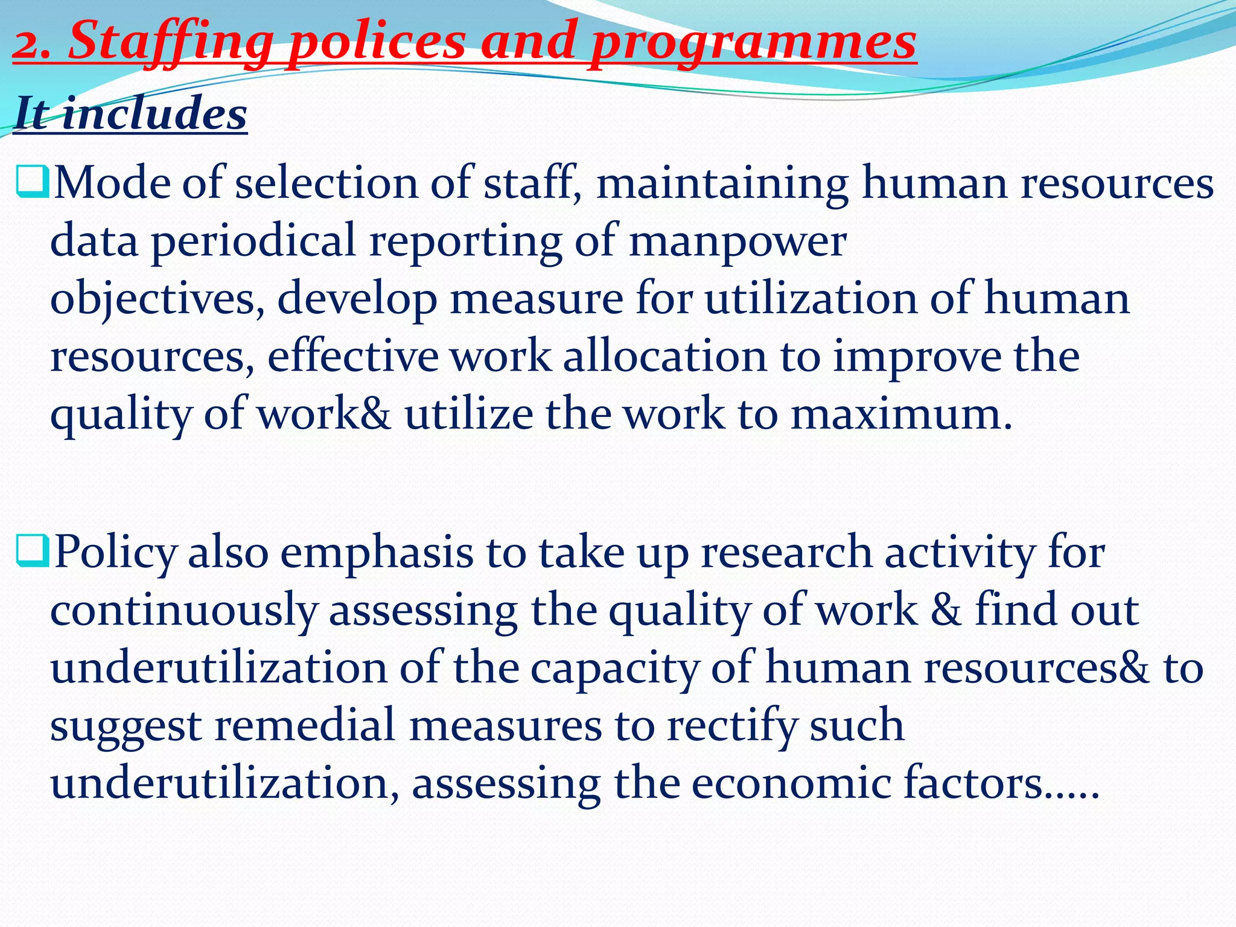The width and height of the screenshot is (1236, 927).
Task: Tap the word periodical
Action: point(253,241)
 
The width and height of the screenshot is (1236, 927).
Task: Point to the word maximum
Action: point(902,415)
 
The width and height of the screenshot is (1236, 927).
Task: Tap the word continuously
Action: point(183,611)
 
